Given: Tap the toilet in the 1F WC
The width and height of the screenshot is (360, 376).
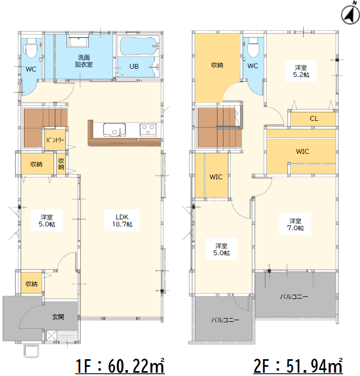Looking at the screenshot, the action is coord(31,48).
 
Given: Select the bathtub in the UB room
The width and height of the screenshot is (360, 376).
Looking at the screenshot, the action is coord(139,46).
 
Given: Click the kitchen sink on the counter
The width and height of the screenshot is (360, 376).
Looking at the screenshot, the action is coord(114,129).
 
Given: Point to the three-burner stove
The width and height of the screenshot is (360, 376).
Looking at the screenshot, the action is coord(148,129).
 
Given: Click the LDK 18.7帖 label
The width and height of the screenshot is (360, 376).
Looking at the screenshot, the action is coord(122,221).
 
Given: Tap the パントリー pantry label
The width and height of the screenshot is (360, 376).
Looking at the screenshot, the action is coord(55,140).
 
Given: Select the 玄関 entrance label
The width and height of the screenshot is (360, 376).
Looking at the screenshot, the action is coord(58,317).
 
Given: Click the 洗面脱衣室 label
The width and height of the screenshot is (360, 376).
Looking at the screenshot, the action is coord(84,61).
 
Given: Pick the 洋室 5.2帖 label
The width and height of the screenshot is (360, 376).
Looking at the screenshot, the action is coord(301,71).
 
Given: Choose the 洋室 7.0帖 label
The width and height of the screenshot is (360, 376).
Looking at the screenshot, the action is coord(295,224).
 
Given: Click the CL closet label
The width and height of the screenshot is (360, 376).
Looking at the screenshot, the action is coord(314,119).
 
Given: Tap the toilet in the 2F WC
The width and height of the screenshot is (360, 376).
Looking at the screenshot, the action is coord(253,48).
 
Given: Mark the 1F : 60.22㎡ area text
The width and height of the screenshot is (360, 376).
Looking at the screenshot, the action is coord(120,366).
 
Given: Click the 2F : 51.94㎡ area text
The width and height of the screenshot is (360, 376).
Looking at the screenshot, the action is coord(298,366).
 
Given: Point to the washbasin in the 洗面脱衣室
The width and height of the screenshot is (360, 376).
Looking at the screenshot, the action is coord(78,41).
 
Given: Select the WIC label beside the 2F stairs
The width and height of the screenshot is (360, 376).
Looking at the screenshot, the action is coord(216,177).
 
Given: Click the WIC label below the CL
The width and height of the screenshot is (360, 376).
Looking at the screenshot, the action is coord(303,152).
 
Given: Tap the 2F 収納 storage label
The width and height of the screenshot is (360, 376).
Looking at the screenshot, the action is coord(217,65).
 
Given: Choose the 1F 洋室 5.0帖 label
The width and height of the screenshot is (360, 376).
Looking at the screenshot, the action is coord(47,221).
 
